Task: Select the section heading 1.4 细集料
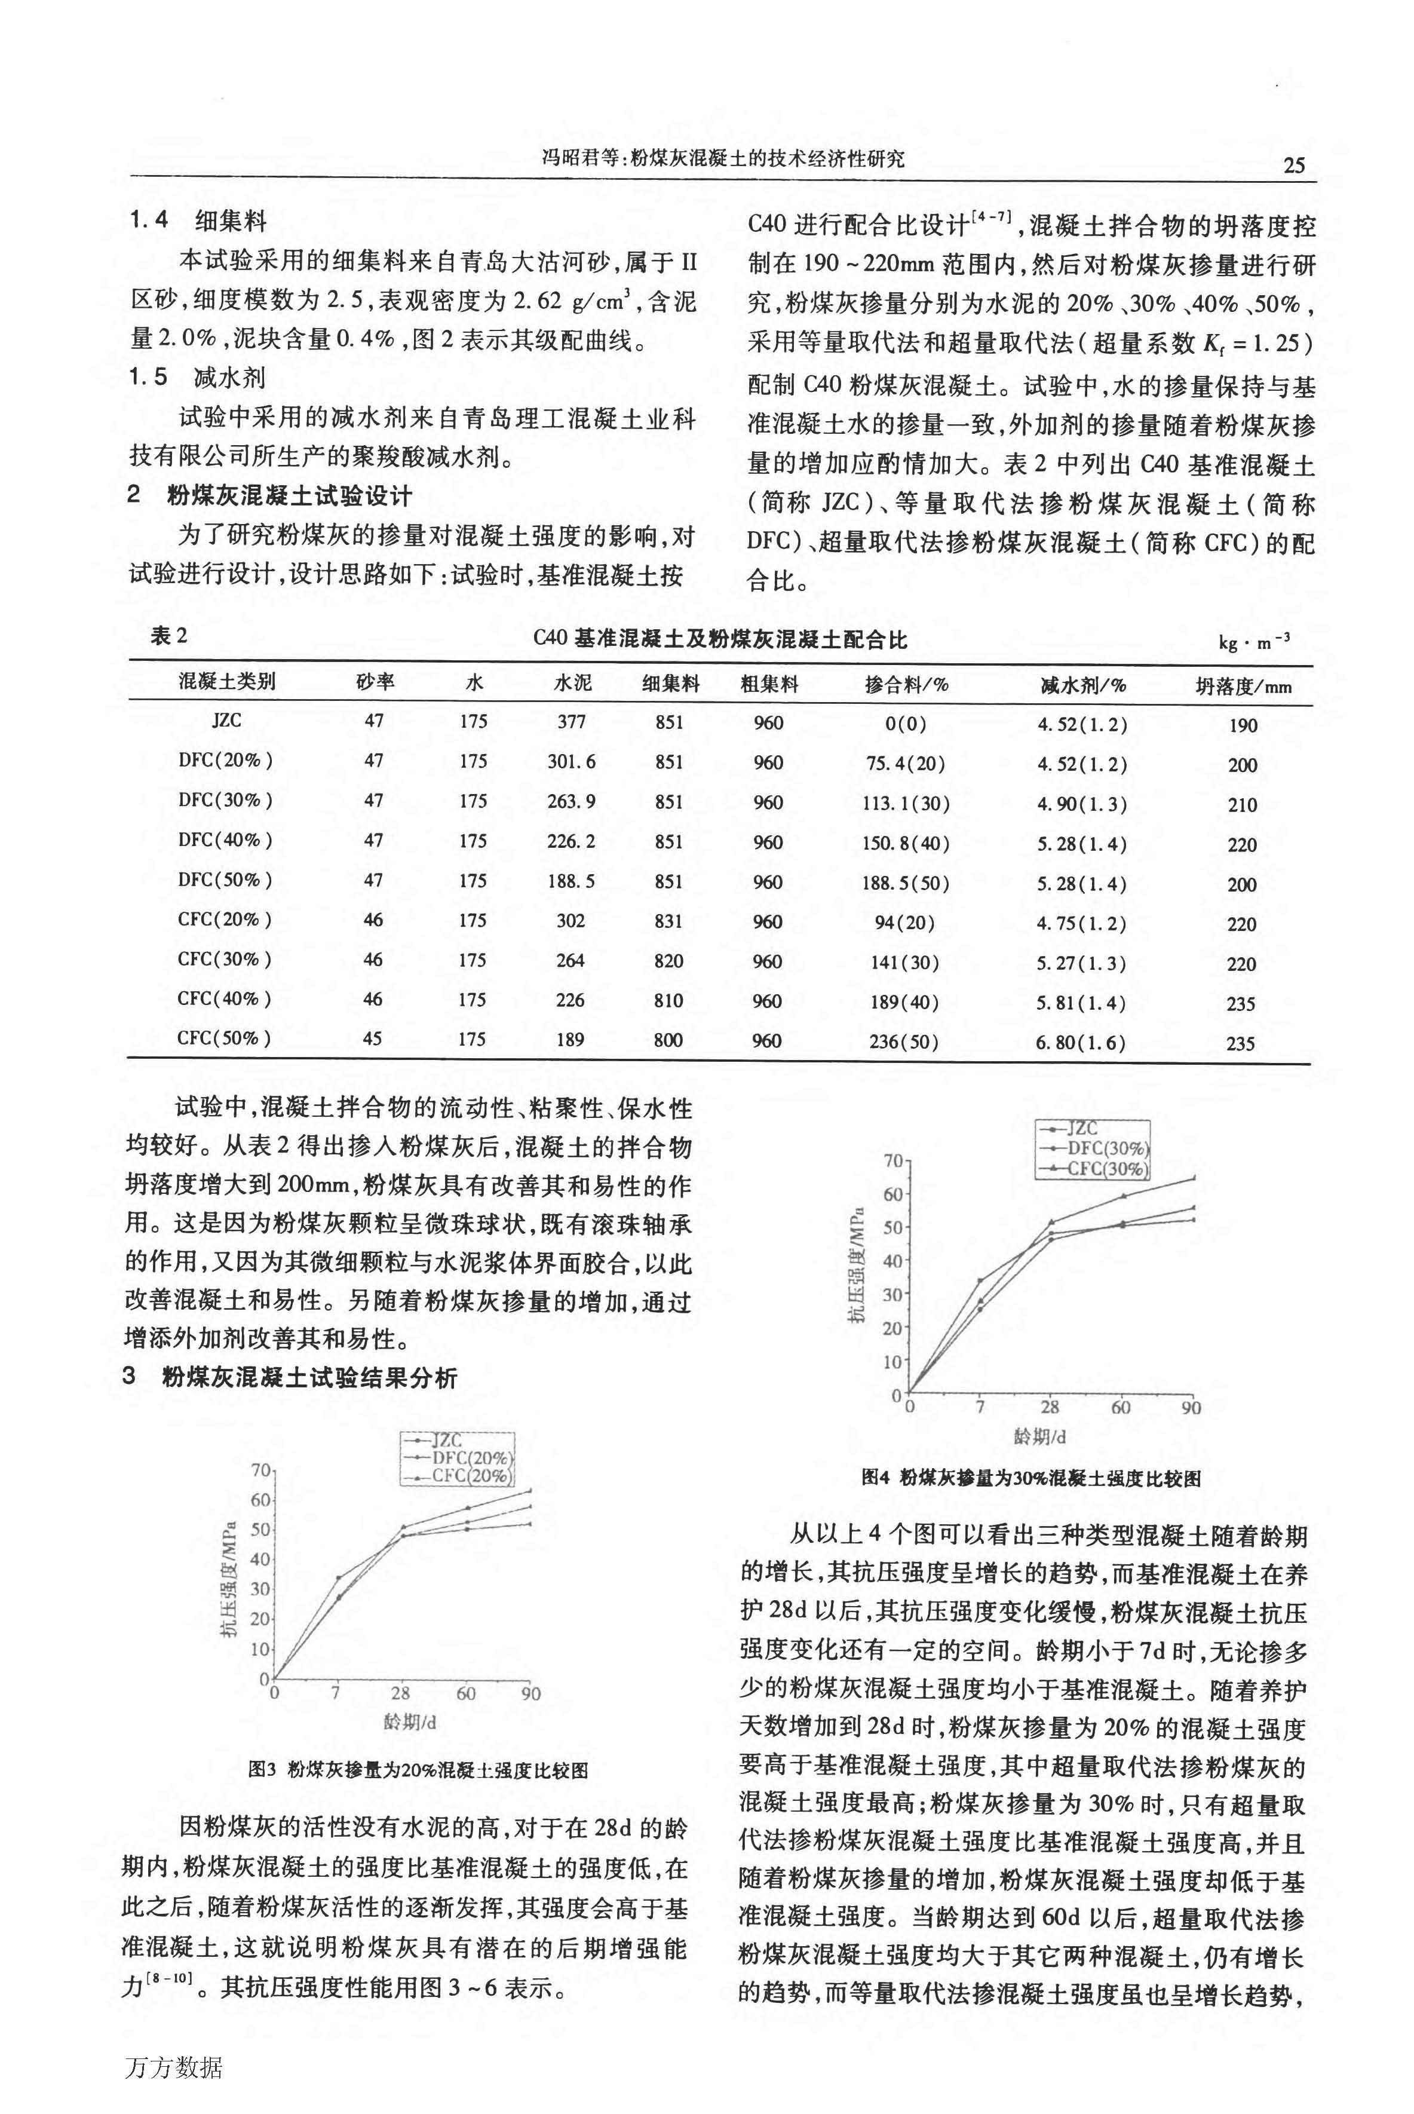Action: [x=198, y=221]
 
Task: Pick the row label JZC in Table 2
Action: [x=226, y=721]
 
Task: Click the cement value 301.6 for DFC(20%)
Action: [x=571, y=761]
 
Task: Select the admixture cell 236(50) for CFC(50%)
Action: [x=904, y=1041]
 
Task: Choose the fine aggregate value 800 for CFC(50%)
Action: [x=668, y=1040]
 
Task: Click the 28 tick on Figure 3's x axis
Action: [x=400, y=1693]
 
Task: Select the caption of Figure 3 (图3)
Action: [x=418, y=1769]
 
